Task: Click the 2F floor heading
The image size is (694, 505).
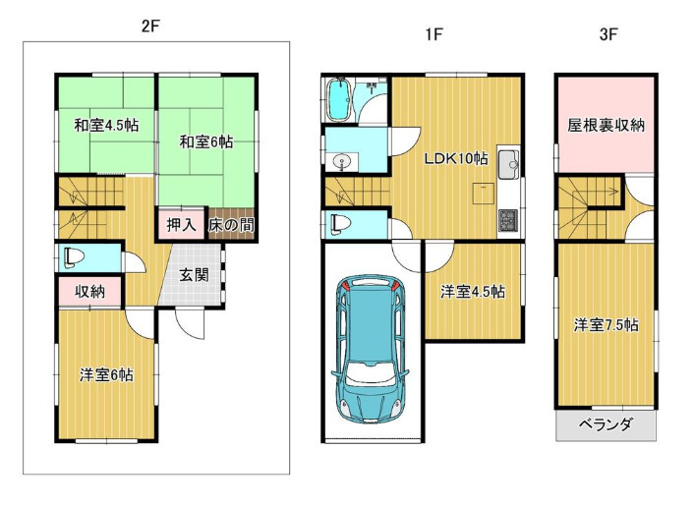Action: point(150,27)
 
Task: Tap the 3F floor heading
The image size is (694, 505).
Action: point(608,34)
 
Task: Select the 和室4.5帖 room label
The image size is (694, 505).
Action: point(106,126)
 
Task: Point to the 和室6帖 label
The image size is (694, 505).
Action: point(205,141)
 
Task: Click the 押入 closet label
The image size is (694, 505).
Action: point(182,225)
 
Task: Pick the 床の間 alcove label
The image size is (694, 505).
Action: point(231,225)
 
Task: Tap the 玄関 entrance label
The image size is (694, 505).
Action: point(194,275)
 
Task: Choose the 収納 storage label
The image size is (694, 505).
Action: point(89,292)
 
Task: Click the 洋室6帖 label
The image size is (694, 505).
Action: point(106,375)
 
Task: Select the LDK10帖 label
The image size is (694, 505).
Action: point(456,158)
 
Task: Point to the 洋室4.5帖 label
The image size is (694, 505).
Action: point(472,292)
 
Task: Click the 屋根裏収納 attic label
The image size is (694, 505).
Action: point(606,125)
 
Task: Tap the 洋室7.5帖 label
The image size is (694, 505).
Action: point(606,325)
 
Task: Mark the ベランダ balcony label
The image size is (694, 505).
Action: point(606,424)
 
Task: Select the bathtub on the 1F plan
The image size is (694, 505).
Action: point(339,99)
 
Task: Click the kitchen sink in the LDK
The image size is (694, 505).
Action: point(508,163)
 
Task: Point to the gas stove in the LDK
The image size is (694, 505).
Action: point(508,220)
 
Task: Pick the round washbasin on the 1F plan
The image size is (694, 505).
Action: point(341,162)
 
